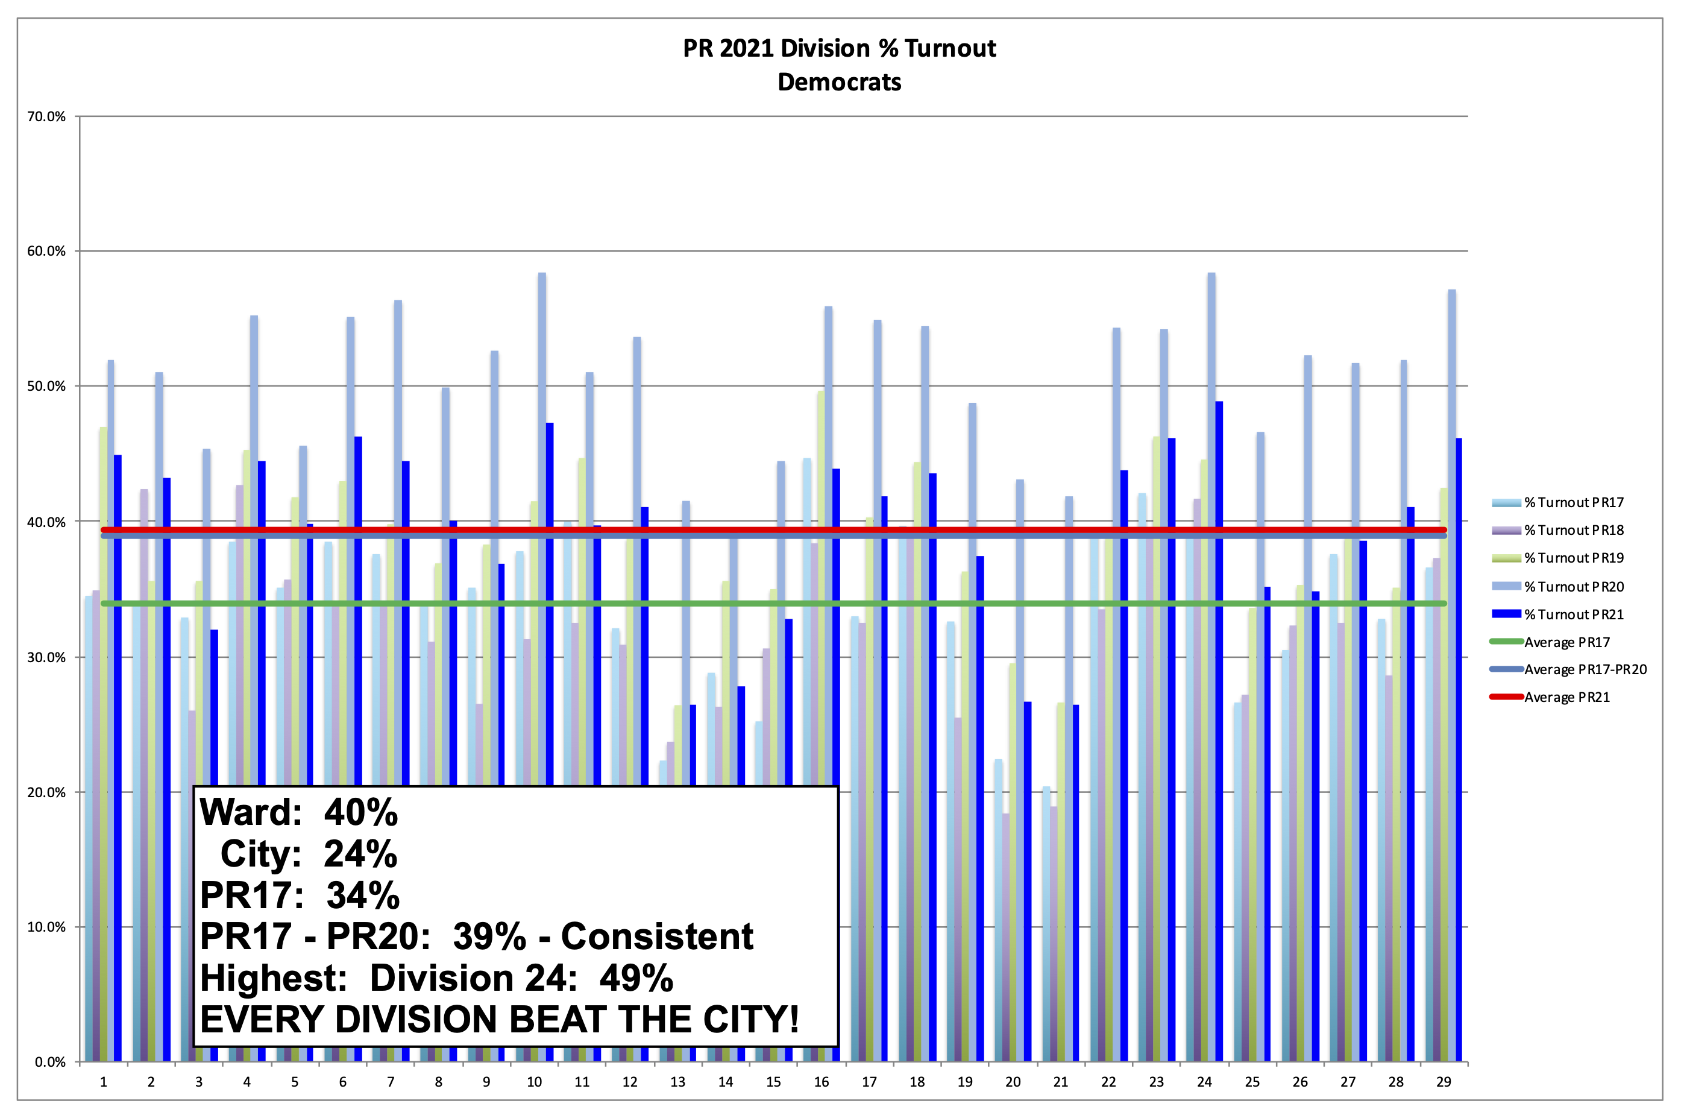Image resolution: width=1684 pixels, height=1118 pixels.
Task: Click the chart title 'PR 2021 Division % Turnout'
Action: (x=839, y=48)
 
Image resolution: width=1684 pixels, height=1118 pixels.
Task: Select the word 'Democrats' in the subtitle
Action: (x=839, y=82)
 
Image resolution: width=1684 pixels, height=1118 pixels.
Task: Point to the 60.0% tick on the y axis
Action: (x=46, y=251)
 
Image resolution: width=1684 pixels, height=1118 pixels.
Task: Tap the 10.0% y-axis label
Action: (x=46, y=927)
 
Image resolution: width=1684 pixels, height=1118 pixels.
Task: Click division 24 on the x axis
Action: (x=1204, y=1082)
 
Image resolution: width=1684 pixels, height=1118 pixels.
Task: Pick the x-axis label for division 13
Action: (x=677, y=1082)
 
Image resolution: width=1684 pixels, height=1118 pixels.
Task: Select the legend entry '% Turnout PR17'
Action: (x=1574, y=503)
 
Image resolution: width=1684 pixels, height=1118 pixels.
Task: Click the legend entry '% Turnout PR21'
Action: (x=1574, y=614)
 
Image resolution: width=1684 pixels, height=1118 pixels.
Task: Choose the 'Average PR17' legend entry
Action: (x=1566, y=642)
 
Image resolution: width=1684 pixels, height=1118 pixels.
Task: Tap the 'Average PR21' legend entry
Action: (x=1566, y=697)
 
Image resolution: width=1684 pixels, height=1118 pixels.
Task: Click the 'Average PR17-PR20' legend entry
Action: (x=1585, y=669)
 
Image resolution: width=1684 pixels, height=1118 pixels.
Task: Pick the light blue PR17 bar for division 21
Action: (x=1046, y=927)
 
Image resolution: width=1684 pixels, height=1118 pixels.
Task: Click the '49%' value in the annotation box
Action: (x=636, y=978)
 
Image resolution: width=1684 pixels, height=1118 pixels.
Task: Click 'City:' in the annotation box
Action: (x=260, y=854)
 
